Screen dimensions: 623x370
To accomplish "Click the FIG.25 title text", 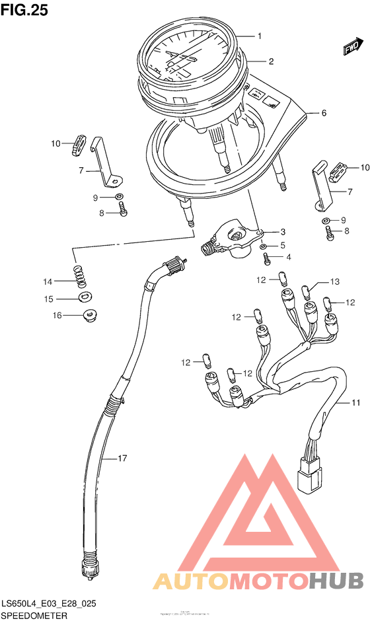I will tap(24, 11).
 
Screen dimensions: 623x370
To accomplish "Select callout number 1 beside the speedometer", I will tap(260, 36).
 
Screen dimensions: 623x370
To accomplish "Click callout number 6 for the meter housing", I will tap(324, 113).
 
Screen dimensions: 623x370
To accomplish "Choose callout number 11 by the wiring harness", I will tap(355, 402).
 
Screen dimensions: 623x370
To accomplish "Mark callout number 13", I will tap(334, 282).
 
